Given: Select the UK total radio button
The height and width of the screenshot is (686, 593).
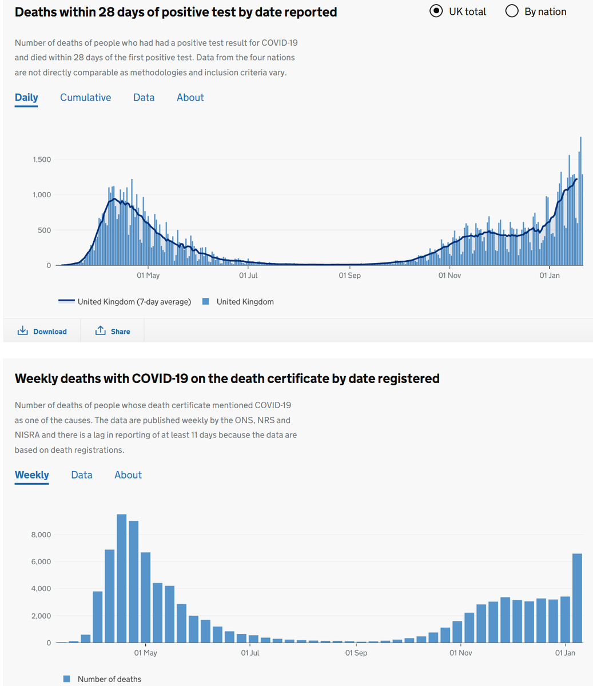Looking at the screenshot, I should tap(436, 11).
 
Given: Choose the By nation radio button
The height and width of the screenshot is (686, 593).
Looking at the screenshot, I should tap(512, 11).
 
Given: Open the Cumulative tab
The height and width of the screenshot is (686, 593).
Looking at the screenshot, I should tap(85, 98).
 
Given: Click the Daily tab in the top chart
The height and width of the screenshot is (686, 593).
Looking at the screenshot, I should tap(26, 98).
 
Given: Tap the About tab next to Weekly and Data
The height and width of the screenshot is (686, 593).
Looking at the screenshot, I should tap(128, 475).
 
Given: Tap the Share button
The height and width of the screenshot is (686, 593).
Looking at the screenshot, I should tap(113, 332).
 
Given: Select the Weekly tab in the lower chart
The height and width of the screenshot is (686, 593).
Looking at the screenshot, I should tap(31, 475).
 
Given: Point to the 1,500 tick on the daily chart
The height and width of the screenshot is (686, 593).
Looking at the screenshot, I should tap(42, 159).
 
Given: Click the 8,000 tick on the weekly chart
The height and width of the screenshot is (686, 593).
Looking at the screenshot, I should tap(41, 535).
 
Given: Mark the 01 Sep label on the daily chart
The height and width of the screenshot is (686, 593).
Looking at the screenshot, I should tap(349, 276).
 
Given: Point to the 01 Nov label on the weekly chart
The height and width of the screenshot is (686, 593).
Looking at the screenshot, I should tap(460, 653).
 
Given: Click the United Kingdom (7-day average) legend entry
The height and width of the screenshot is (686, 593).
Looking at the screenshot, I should tap(125, 302).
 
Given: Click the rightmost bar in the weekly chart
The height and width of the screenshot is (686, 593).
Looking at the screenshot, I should tap(577, 597).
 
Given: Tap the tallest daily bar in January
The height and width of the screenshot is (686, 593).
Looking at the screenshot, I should tap(580, 200).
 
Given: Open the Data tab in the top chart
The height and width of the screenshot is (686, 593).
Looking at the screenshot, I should tap(144, 98).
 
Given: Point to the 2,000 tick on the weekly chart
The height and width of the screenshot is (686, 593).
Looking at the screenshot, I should tap(41, 616).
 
